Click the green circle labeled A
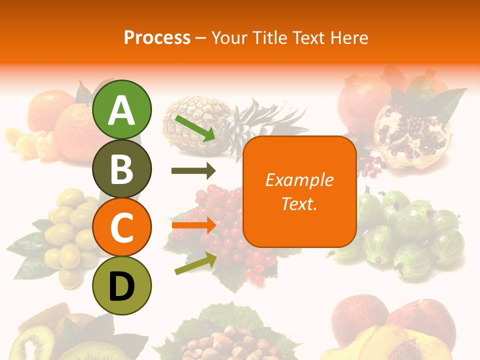pyautogui.click(x=122, y=110)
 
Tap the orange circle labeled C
pyautogui.click(x=122, y=227)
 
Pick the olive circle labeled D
pyautogui.click(x=122, y=285)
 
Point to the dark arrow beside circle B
pyautogui.click(x=193, y=171)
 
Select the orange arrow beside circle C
pyautogui.click(x=193, y=225)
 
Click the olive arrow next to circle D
pyautogui.click(x=195, y=264)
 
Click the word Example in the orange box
pyautogui.click(x=299, y=180)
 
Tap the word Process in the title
pyautogui.click(x=157, y=37)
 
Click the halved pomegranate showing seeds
pyautogui.click(x=410, y=135)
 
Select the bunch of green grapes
pyautogui.click(x=70, y=230)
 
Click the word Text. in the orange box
pyautogui.click(x=299, y=204)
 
